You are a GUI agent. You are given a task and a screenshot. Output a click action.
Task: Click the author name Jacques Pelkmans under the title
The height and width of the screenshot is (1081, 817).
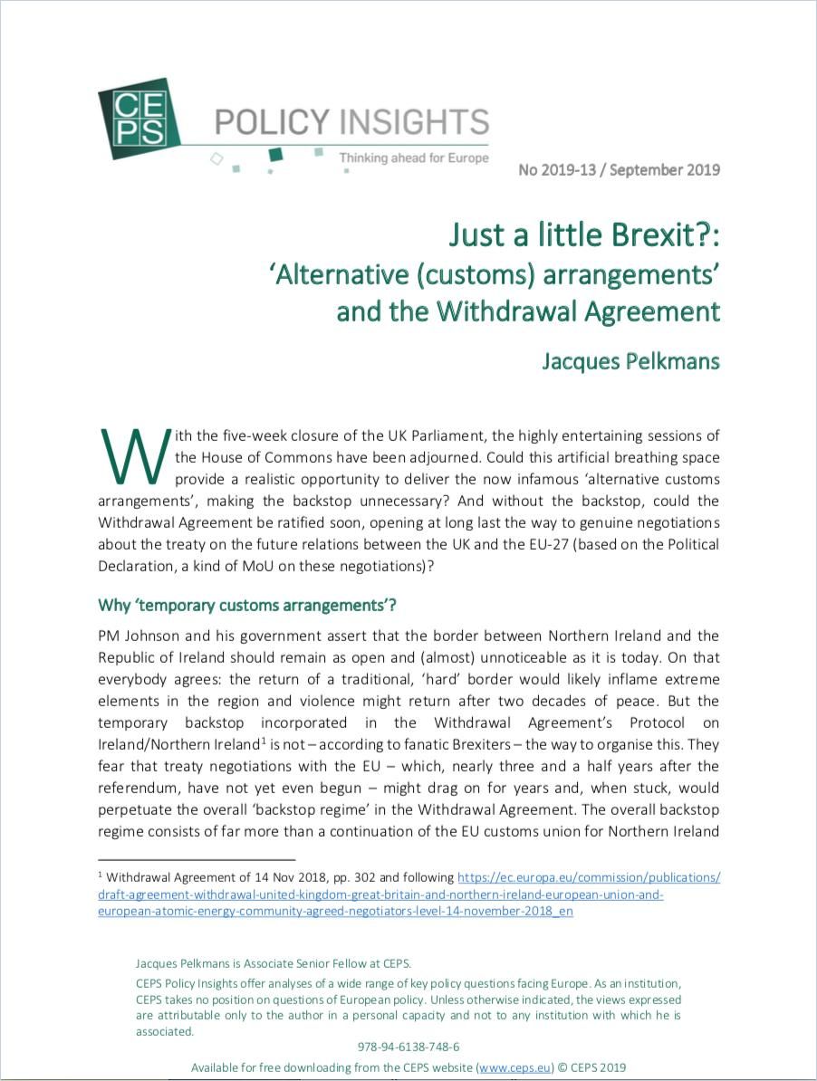630,360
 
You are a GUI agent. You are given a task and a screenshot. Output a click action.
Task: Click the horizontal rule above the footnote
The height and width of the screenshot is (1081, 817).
197,858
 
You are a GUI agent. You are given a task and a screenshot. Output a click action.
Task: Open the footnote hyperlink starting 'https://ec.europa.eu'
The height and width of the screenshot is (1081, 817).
589,877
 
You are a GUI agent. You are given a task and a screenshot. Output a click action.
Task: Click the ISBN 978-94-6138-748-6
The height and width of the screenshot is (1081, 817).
408,1046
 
